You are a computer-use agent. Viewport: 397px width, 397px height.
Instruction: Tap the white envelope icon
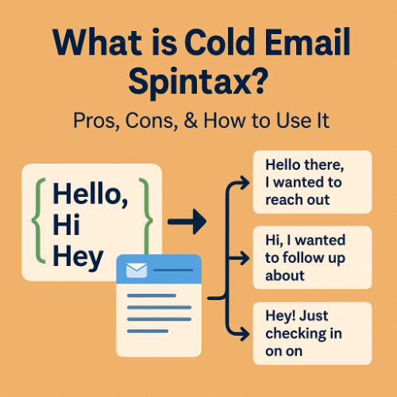point(136,271)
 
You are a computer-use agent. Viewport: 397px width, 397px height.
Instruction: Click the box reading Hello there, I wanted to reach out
point(311,182)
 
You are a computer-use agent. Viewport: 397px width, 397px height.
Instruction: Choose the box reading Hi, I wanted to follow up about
point(311,255)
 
